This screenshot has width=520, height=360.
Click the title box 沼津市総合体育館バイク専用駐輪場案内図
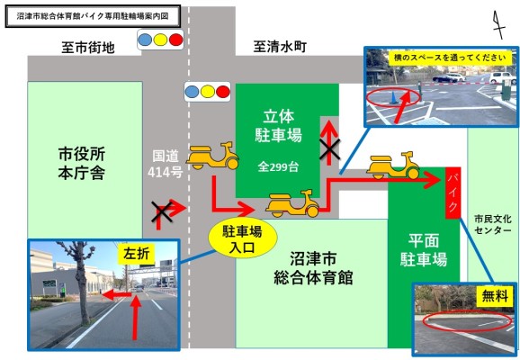[x=93, y=16]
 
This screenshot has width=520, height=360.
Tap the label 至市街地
[x=88, y=48]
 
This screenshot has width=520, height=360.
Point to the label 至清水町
[x=280, y=47]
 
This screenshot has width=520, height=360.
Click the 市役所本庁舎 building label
[x=82, y=164]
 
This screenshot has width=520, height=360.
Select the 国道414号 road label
[x=166, y=164]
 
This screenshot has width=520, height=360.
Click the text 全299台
[x=278, y=166]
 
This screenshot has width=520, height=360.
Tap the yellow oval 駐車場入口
[x=242, y=238]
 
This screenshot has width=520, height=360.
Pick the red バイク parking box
[x=453, y=193]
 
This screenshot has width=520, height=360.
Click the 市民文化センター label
[x=492, y=224]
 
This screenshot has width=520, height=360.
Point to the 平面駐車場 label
[x=424, y=250]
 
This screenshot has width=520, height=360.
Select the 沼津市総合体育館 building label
[x=313, y=268]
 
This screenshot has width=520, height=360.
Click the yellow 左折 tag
[x=137, y=254]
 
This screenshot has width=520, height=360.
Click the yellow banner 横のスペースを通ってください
[x=450, y=58]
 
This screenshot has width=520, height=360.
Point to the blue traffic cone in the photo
[x=394, y=98]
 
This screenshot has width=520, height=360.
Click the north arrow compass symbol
[x=498, y=24]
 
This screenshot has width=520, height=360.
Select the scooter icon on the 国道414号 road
[x=212, y=156]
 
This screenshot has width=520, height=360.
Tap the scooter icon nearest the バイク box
[x=393, y=166]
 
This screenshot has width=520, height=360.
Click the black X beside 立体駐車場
[x=329, y=148]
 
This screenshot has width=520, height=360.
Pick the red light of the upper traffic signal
[x=175, y=40]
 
